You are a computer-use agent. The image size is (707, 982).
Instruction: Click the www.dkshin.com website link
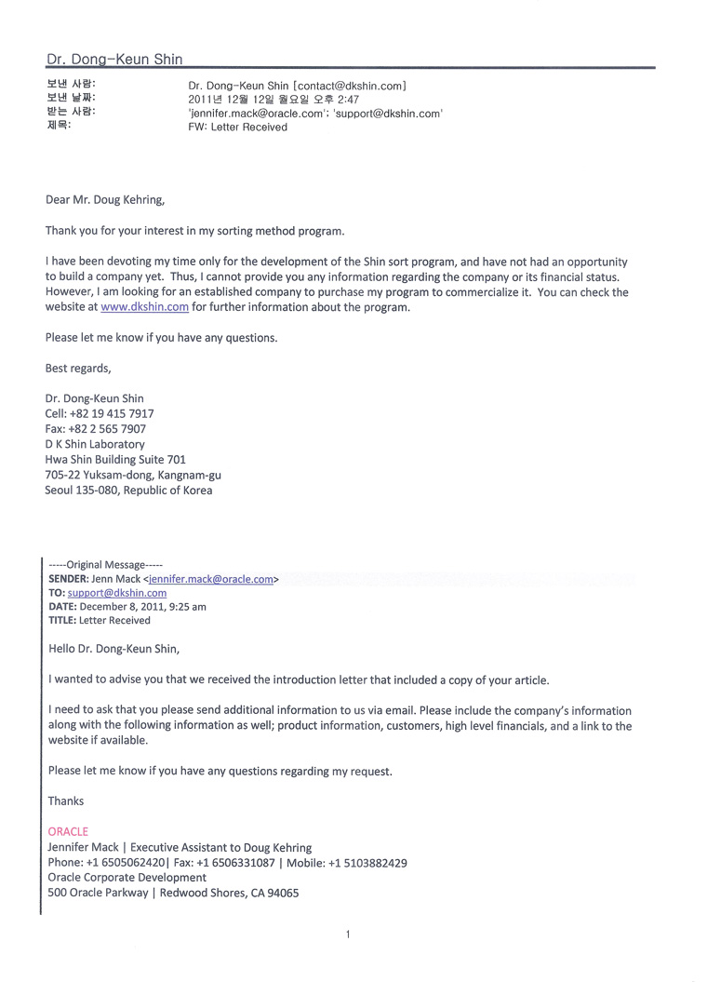[x=144, y=307]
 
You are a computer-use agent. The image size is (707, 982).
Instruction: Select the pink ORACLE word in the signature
[x=68, y=831]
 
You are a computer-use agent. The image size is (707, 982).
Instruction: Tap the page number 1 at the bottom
[x=347, y=935]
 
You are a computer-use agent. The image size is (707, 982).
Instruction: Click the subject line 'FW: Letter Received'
[x=237, y=128]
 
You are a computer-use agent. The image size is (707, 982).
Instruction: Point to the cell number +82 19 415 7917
[x=112, y=413]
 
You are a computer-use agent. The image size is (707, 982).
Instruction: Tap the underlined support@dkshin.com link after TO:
[x=117, y=593]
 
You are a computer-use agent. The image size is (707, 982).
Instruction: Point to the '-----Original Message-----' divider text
[x=105, y=565]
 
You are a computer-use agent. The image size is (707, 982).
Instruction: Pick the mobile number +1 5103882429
[x=364, y=863]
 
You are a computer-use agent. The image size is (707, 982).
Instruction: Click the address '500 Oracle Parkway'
[x=98, y=893]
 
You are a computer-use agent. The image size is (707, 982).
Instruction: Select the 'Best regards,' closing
[x=78, y=368]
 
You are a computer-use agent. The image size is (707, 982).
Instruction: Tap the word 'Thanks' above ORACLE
[x=66, y=801]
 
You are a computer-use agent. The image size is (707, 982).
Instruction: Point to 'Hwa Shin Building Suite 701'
[x=115, y=460]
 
